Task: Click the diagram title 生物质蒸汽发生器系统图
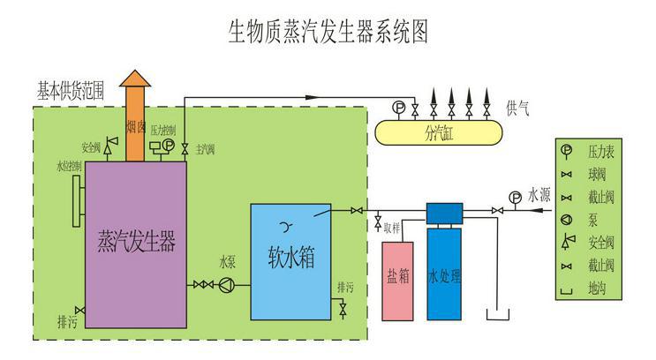click(328, 33)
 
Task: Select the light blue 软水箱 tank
click(290, 259)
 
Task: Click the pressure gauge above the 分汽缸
click(399, 109)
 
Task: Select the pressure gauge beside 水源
click(515, 196)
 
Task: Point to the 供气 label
click(518, 107)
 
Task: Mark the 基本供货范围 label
click(71, 90)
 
